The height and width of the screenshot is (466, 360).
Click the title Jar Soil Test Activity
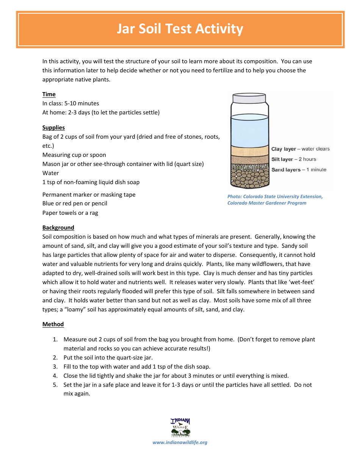(x=180, y=29)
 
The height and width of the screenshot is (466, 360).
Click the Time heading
(x=49, y=94)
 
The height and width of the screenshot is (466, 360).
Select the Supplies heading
(x=53, y=128)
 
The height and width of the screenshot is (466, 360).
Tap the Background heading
(x=58, y=228)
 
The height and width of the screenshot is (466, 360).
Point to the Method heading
(x=53, y=324)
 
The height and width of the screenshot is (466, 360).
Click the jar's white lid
(x=249, y=99)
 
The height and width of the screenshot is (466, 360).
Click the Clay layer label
(x=300, y=149)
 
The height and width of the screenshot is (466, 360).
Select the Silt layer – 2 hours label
(x=294, y=159)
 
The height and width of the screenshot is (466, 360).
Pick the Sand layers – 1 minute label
(x=299, y=170)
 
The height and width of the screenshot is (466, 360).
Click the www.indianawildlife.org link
(x=180, y=443)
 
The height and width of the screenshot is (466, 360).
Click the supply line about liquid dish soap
(x=91, y=182)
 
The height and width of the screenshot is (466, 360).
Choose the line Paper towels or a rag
(x=70, y=213)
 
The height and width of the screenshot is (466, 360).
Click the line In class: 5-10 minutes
(x=70, y=103)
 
